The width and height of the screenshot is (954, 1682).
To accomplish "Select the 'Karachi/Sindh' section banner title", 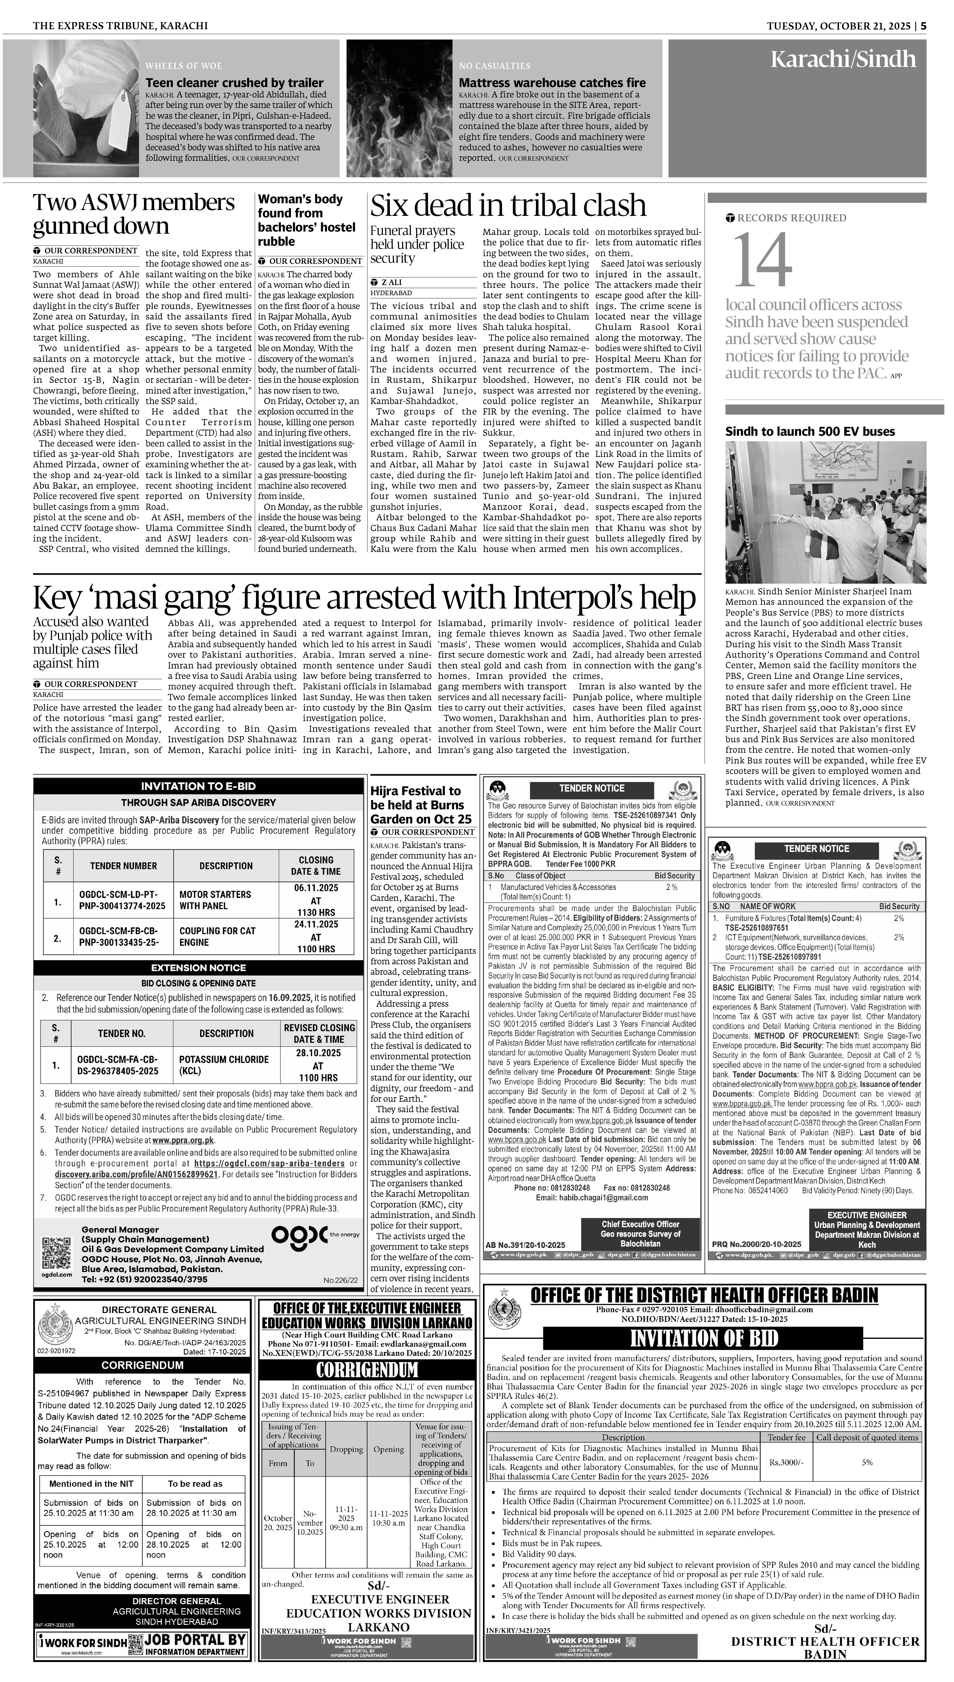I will tap(843, 60).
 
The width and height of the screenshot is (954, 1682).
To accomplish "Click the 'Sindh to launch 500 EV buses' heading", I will tap(810, 431).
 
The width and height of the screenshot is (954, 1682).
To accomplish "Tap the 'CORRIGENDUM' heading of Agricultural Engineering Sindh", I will tap(142, 1365).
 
